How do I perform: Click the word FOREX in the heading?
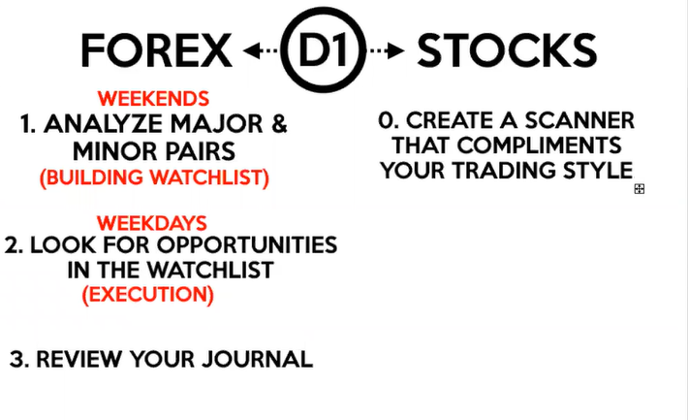tap(156, 50)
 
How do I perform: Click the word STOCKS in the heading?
tap(507, 50)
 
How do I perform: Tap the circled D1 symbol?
tap(324, 49)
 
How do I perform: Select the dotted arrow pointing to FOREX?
tap(261, 50)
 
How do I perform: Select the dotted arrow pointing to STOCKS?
tap(387, 50)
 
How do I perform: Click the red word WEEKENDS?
tap(153, 99)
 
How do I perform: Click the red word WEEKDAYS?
tap(152, 223)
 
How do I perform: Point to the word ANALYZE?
tap(104, 124)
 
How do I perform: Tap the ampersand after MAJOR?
tap(279, 124)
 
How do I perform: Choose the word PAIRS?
tap(201, 151)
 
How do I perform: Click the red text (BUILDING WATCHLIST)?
tap(154, 178)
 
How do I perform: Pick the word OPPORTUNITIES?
tap(247, 244)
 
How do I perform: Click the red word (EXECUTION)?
tap(148, 294)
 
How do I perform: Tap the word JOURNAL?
tap(257, 359)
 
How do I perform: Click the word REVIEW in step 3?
tap(79, 359)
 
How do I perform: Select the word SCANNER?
tap(579, 120)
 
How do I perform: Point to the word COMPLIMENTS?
tap(539, 145)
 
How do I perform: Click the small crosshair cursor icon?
tap(640, 189)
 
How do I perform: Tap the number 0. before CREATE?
tap(389, 120)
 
